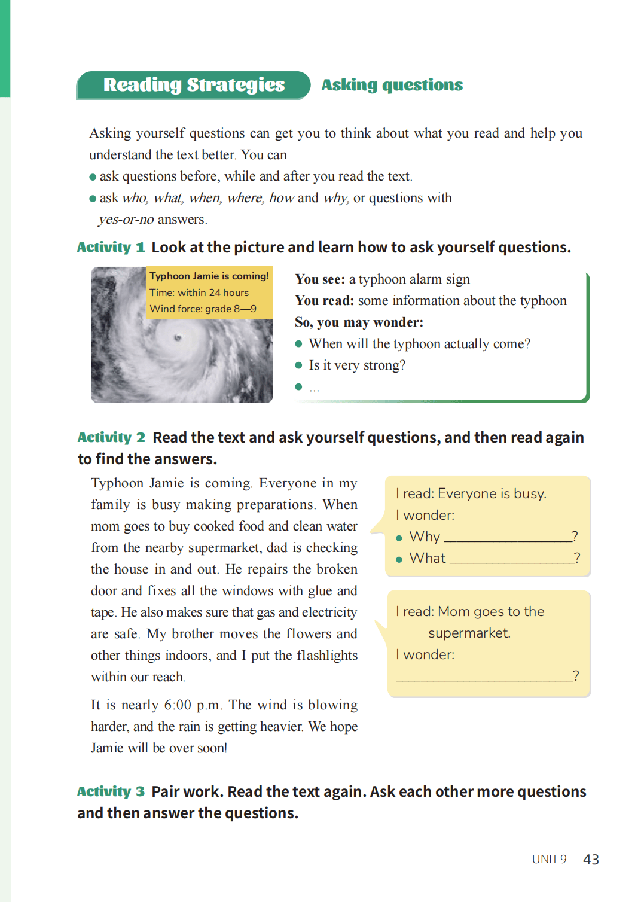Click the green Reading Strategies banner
pos(194,86)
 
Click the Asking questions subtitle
pos(392,86)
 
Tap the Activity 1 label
pos(111,248)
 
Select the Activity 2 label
pos(111,438)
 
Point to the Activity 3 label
pos(111,792)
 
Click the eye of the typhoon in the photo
pos(178,338)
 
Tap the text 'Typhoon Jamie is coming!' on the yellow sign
pos(209,276)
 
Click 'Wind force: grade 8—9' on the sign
pos(203,309)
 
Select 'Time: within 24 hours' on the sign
pos(199,293)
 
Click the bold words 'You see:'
pos(319,279)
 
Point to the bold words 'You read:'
pos(323,301)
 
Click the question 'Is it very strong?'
pos(357,365)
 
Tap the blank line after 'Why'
pos(507,540)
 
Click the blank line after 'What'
pos(511,561)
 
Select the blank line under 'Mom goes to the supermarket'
pos(484,679)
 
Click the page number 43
pos(591,860)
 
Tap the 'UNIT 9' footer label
pos(549,860)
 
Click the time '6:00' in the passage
pos(178,705)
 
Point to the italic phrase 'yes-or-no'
pos(126,220)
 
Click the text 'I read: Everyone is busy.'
pos(471,494)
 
